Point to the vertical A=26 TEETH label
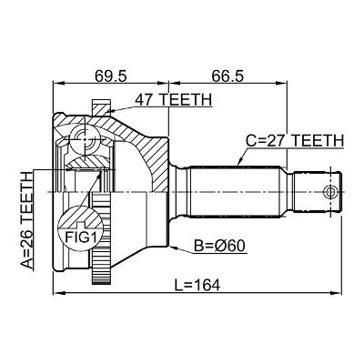(26, 219)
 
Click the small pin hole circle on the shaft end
(330, 191)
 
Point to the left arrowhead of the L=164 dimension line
(56, 295)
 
